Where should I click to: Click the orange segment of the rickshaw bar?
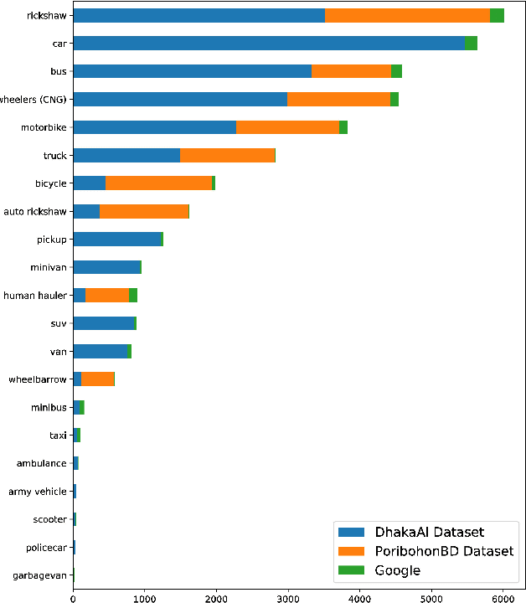[x=407, y=15]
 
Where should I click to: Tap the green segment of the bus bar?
[x=396, y=71]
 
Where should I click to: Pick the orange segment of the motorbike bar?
[x=287, y=127]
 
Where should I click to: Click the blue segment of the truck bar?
[x=126, y=155]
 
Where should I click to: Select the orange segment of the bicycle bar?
[x=158, y=183]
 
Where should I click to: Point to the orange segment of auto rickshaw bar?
[x=144, y=211]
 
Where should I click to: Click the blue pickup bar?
[x=116, y=240]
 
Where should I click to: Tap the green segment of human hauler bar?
[x=133, y=295]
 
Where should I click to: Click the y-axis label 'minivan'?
[x=49, y=267]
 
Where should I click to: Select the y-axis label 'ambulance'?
[x=42, y=463]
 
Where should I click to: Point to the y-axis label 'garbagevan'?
[x=39, y=575]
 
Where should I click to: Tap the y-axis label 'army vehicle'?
[x=38, y=492]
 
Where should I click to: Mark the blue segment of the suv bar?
[x=103, y=323]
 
